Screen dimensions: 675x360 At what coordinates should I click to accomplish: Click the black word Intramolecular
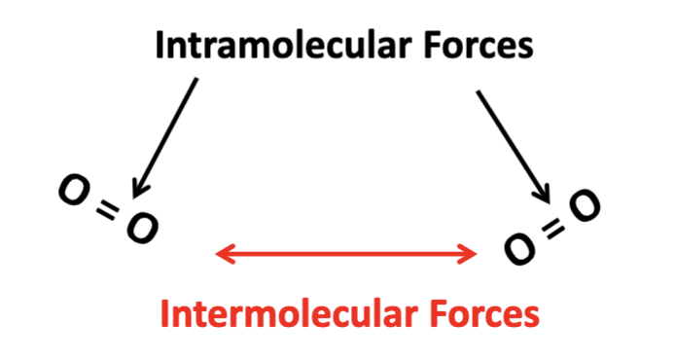click(282, 45)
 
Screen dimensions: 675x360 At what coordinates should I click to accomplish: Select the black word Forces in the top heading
click(479, 45)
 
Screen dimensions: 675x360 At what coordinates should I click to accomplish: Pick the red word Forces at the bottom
click(484, 313)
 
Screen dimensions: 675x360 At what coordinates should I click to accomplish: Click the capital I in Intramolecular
click(160, 45)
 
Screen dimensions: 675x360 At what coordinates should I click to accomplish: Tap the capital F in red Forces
click(439, 313)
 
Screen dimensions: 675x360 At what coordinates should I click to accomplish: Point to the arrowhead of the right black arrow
click(545, 195)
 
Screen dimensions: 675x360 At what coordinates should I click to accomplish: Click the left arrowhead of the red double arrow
click(224, 254)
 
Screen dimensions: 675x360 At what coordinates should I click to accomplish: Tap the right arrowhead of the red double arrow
click(469, 254)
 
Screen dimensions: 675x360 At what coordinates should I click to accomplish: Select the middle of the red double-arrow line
click(346, 254)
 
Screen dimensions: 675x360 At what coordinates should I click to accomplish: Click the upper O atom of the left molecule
click(74, 190)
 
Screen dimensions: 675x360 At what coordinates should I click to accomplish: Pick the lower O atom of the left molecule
click(143, 229)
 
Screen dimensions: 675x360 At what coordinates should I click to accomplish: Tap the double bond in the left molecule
click(108, 210)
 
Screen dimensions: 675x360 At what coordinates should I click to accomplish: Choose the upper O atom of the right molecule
click(585, 205)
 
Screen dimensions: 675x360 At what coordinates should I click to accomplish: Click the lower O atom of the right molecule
click(520, 248)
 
